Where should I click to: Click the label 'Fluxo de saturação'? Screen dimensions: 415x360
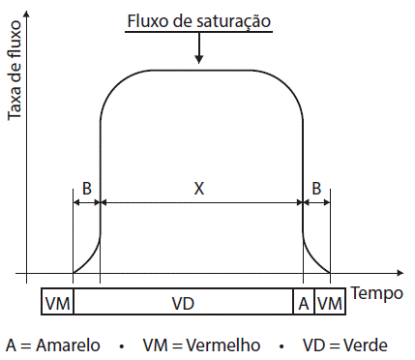[x=198, y=20]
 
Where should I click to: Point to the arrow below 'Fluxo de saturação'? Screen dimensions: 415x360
[x=198, y=50]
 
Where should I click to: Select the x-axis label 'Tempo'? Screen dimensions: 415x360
[x=377, y=292]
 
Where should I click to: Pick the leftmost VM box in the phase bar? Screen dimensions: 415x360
[x=57, y=303]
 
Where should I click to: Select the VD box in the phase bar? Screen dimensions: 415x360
[x=183, y=303]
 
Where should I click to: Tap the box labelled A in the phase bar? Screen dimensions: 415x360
[x=304, y=303]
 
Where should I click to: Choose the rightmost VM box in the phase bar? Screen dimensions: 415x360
[x=330, y=303]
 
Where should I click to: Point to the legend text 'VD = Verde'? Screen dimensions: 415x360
[x=341, y=345]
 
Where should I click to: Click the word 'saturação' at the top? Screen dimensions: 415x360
[x=233, y=20]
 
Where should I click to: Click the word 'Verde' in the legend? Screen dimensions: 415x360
[x=367, y=345]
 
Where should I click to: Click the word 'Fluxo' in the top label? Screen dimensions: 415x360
[x=147, y=20]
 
